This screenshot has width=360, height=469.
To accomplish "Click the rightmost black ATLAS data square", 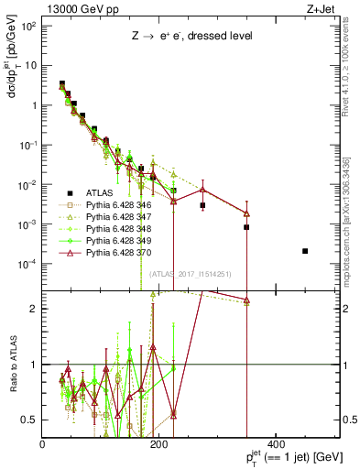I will [305, 251].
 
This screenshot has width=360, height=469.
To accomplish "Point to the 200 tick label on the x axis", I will [160, 444].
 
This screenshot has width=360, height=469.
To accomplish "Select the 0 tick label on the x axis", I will [43, 444].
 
